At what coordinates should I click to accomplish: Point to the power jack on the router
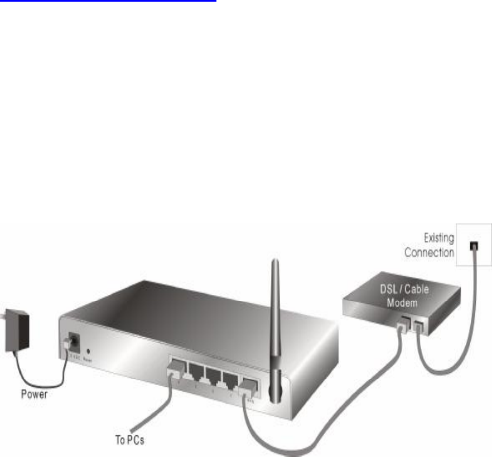pyautogui.click(x=71, y=340)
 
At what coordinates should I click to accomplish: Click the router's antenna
pyautogui.click(x=273, y=323)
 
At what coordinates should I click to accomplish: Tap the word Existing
pyautogui.click(x=438, y=238)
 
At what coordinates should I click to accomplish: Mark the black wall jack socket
pyautogui.click(x=473, y=245)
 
